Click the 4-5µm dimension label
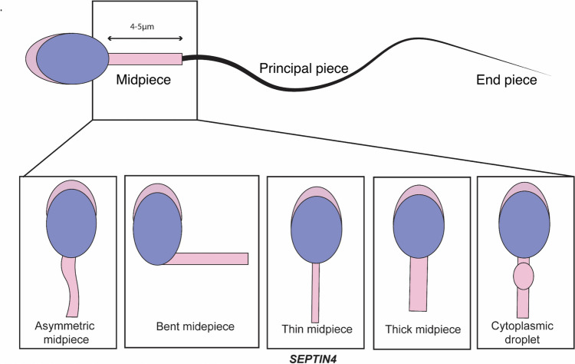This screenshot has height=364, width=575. tap(145, 26)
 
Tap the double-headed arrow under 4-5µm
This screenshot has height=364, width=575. tap(145, 38)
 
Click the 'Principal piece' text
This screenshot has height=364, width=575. tap(303, 68)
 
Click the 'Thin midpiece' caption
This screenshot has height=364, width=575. tap(317, 329)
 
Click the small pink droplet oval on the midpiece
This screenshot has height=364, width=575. tap(524, 275)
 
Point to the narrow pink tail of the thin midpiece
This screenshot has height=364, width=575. tap(315, 292)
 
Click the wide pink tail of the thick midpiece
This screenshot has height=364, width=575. tap(419, 284)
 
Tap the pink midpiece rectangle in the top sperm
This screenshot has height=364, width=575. tap(146, 59)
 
